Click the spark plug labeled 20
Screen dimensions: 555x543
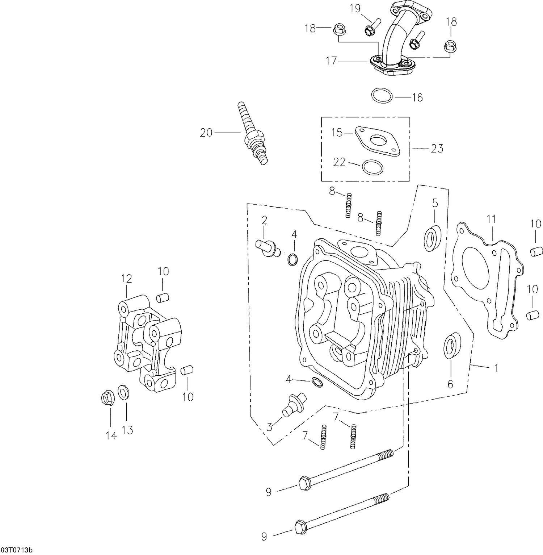click(x=253, y=135)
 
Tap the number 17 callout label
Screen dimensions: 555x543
click(x=332, y=61)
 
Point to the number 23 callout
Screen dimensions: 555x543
click(x=437, y=149)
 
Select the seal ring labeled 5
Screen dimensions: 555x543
click(x=433, y=238)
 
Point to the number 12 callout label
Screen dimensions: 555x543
click(x=126, y=279)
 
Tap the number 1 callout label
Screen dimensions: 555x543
click(x=496, y=368)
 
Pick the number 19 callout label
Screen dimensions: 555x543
click(x=355, y=9)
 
